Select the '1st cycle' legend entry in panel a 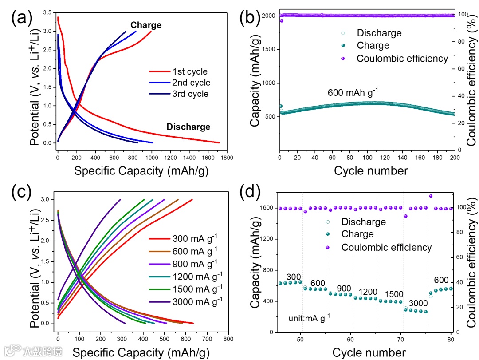pos(190,71)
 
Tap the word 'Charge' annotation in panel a pos(146,25)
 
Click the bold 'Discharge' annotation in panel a pos(188,127)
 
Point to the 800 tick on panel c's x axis pos(228,339)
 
